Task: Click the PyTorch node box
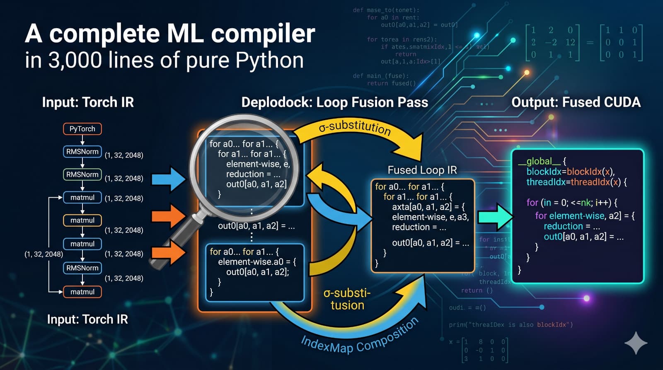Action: (82, 129)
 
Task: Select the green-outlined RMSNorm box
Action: (82, 174)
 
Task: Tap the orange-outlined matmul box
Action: (82, 220)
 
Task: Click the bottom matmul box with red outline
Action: (82, 292)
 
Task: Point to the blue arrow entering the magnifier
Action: (168, 179)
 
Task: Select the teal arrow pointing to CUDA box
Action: (495, 216)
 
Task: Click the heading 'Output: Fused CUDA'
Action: (576, 102)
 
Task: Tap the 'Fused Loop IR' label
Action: (422, 170)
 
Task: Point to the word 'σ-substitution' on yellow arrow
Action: (355, 127)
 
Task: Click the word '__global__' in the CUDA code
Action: (539, 161)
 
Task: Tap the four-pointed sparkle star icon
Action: (636, 343)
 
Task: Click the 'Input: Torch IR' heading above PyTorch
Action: (88, 102)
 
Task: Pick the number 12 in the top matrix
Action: (570, 42)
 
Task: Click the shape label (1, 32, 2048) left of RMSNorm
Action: (44, 254)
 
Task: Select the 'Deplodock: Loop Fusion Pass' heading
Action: (334, 102)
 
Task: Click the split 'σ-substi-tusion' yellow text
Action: (347, 299)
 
